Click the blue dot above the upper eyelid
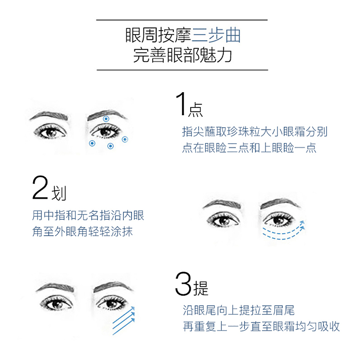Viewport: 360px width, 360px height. point(106,119)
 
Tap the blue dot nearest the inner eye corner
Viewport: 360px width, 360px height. point(92,143)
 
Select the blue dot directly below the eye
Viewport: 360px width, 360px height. point(110,146)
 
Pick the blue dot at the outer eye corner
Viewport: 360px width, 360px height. point(125,139)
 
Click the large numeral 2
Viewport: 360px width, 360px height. point(40,188)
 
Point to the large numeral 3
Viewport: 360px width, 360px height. point(183,284)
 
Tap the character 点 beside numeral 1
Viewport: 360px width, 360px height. point(195,109)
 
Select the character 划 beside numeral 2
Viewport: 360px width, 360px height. point(59,193)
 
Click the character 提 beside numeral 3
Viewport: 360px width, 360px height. point(201,288)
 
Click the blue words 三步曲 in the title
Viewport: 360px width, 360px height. point(216,36)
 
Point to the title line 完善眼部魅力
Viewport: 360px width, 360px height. point(182,55)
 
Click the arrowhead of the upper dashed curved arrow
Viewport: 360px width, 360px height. point(302,222)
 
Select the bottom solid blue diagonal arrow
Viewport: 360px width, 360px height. point(123,326)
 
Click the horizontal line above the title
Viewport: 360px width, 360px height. point(182,20)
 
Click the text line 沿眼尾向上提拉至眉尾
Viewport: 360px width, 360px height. point(239,311)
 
